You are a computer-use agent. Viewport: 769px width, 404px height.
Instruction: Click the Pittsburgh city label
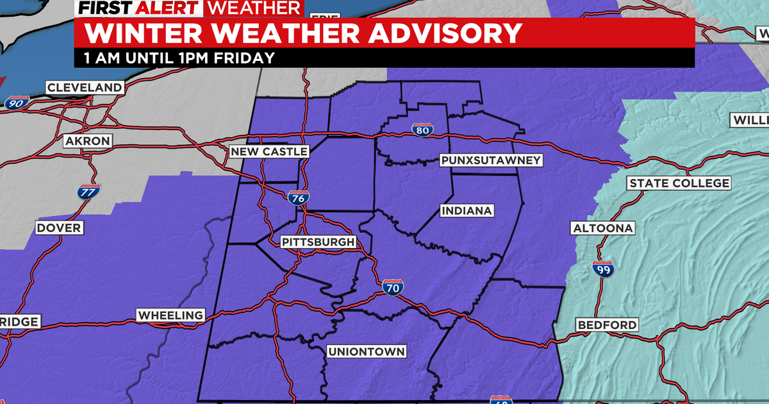point(318,242)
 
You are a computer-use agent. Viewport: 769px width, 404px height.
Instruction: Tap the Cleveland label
point(84,87)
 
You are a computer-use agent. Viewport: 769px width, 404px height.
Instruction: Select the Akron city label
point(87,140)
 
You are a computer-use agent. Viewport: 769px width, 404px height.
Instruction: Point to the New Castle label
point(269,151)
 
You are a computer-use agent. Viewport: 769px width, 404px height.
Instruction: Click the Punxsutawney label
point(491,160)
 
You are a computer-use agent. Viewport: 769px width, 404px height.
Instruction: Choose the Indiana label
point(466,210)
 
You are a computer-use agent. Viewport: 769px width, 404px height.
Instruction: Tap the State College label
point(679,183)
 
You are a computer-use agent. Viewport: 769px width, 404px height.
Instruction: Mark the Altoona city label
point(602,228)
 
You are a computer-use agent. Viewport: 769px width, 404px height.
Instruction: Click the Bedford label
point(607,324)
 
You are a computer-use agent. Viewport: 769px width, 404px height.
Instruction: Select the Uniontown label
point(366,351)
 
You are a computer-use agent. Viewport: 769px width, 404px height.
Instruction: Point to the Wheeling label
point(170,315)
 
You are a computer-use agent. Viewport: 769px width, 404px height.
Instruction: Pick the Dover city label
point(58,228)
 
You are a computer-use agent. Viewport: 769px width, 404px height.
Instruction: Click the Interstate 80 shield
point(422,130)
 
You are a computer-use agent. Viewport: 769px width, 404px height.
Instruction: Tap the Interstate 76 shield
point(297,198)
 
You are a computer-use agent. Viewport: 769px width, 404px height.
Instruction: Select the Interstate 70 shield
point(393,287)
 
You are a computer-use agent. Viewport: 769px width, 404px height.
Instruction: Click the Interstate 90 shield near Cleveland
point(14,102)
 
